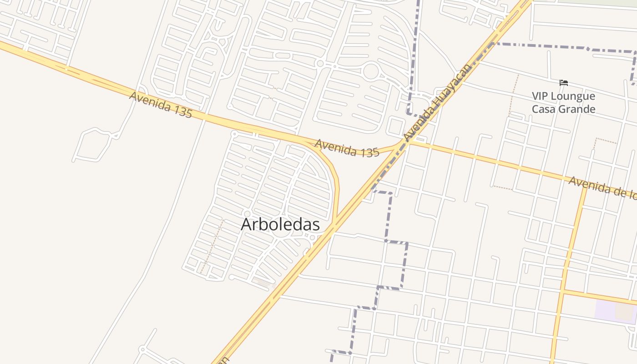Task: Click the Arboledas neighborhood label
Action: point(280,224)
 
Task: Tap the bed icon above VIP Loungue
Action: point(564,83)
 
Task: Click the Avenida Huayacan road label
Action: point(437,102)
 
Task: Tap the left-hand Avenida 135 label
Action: point(160,104)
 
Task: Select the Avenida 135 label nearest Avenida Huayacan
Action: point(347,148)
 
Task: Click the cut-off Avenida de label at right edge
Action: point(602,187)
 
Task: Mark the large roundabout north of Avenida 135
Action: point(371,72)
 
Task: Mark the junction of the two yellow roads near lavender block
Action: point(562,292)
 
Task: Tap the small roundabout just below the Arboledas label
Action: point(312,238)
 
